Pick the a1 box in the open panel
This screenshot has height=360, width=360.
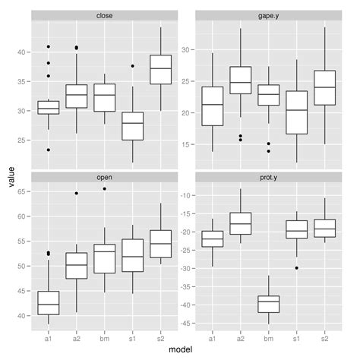[x=49, y=302]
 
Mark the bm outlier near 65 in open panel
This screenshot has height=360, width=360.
[x=104, y=189]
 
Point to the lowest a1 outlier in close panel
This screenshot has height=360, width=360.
[x=49, y=150]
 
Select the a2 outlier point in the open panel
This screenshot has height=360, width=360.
[x=76, y=193]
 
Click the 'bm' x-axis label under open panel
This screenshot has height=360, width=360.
[x=104, y=337]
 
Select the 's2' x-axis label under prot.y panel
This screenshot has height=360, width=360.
[x=324, y=337]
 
